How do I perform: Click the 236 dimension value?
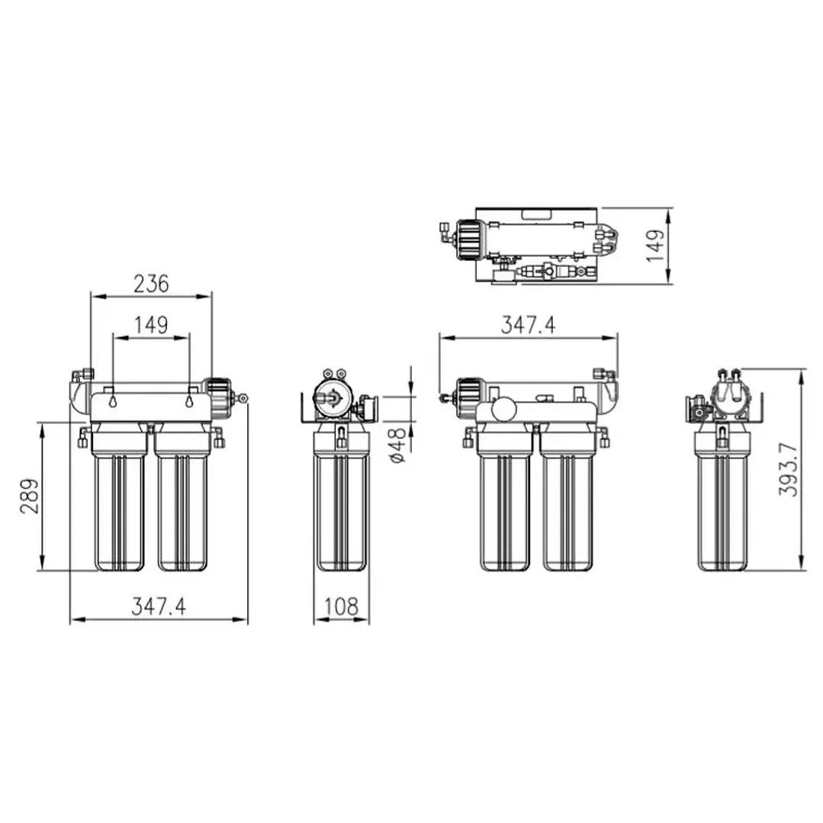coord(151,284)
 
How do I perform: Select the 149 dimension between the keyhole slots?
coord(151,325)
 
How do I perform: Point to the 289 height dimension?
coord(29,497)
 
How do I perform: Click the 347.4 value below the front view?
coord(158,606)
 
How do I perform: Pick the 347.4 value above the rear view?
coord(528,325)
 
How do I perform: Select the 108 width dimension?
coord(341,606)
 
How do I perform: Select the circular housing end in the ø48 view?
coord(332,397)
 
